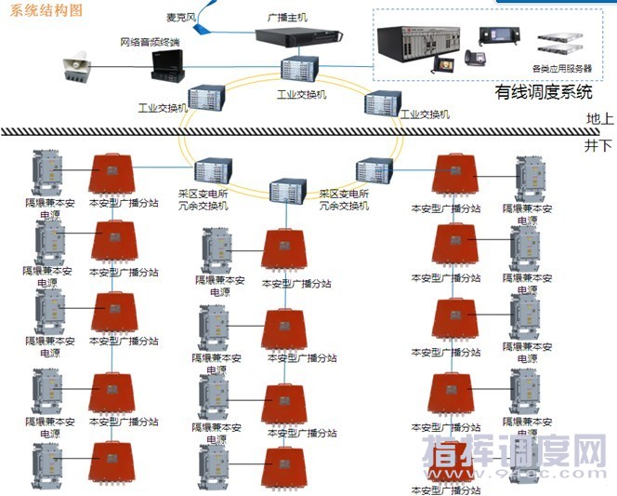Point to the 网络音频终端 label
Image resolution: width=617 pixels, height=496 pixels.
coord(151,42)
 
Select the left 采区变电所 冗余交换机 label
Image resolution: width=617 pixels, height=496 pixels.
coord(203,199)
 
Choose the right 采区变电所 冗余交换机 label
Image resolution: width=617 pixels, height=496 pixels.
coord(344,199)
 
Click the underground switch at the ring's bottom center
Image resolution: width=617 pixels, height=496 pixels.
coord(288,191)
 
